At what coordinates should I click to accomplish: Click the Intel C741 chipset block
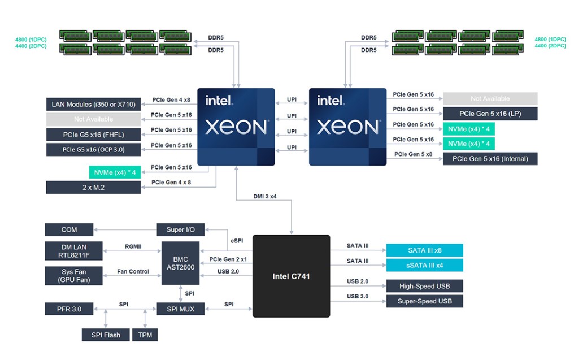coord(291,276)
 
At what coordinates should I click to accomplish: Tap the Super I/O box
coord(181,229)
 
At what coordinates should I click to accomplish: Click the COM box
coord(69,229)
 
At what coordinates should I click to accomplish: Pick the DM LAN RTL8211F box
coord(74,251)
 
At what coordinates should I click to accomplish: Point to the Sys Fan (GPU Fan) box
coord(74,276)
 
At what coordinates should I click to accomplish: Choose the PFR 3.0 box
coord(69,309)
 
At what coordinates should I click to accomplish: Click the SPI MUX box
coord(181,309)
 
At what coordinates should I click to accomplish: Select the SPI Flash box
coord(106,335)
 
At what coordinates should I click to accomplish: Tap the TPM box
coord(145,335)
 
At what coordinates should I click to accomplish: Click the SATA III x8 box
coord(424,250)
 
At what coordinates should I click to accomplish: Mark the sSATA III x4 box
coord(424,266)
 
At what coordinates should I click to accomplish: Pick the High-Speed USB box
coord(424,286)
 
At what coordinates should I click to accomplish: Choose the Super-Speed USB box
coord(424,301)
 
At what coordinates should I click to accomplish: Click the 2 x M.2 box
coord(93,187)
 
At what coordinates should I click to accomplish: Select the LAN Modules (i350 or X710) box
coord(93,104)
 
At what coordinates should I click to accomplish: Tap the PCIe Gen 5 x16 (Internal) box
coord(490,159)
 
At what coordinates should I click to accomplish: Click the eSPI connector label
coord(237,241)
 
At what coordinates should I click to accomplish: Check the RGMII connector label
coord(133,246)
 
